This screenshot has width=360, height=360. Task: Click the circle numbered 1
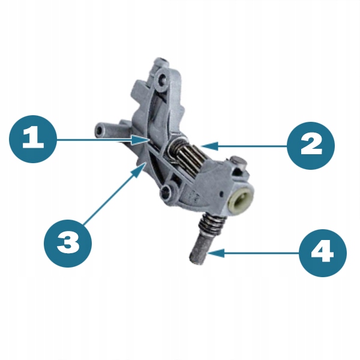click(33, 139)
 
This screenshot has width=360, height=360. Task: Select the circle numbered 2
click(311, 146)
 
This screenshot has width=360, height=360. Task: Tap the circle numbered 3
click(68, 244)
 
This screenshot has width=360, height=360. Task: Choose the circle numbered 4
click(323, 253)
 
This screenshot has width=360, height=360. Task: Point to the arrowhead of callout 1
click(140, 140)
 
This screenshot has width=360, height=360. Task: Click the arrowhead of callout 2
click(209, 146)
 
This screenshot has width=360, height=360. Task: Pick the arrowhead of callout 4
click(216, 253)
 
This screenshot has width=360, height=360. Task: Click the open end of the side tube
click(99, 131)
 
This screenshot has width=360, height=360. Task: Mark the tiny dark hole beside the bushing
click(221, 194)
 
